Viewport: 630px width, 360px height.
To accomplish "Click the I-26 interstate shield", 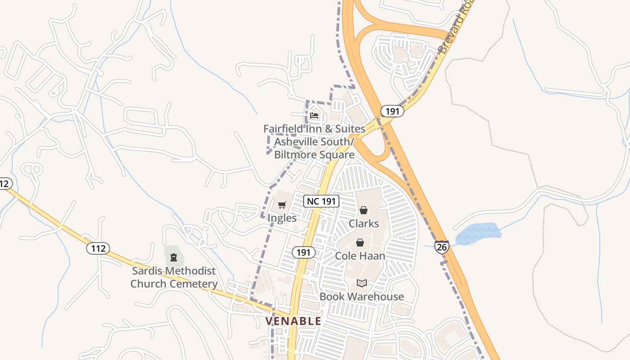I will click(442, 247).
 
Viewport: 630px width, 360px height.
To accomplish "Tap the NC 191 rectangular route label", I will click(321, 201).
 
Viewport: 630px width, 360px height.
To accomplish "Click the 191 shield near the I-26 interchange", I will click(392, 111).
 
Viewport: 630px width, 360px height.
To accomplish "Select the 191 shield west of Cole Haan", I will click(303, 252).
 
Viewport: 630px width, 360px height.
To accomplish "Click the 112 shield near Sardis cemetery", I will click(98, 248).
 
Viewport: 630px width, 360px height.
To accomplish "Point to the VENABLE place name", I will click(293, 321).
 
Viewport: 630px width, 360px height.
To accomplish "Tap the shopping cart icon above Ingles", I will click(282, 205).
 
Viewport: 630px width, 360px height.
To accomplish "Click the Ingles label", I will click(282, 218).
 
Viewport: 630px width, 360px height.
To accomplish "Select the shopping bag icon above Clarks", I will click(364, 210).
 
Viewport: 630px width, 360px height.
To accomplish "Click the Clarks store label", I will click(364, 224).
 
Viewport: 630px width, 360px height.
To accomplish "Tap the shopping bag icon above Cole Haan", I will click(360, 243).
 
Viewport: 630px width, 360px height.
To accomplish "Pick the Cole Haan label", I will click(360, 256).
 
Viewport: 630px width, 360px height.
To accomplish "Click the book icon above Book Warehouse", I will click(362, 283).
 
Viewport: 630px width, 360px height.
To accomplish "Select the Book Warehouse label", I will click(362, 297).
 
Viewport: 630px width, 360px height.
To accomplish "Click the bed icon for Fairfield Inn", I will click(314, 116).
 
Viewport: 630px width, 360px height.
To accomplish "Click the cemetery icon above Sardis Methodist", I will click(174, 257).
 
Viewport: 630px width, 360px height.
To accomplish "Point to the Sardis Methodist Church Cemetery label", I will click(174, 277).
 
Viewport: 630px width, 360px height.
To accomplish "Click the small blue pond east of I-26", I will click(478, 234).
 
